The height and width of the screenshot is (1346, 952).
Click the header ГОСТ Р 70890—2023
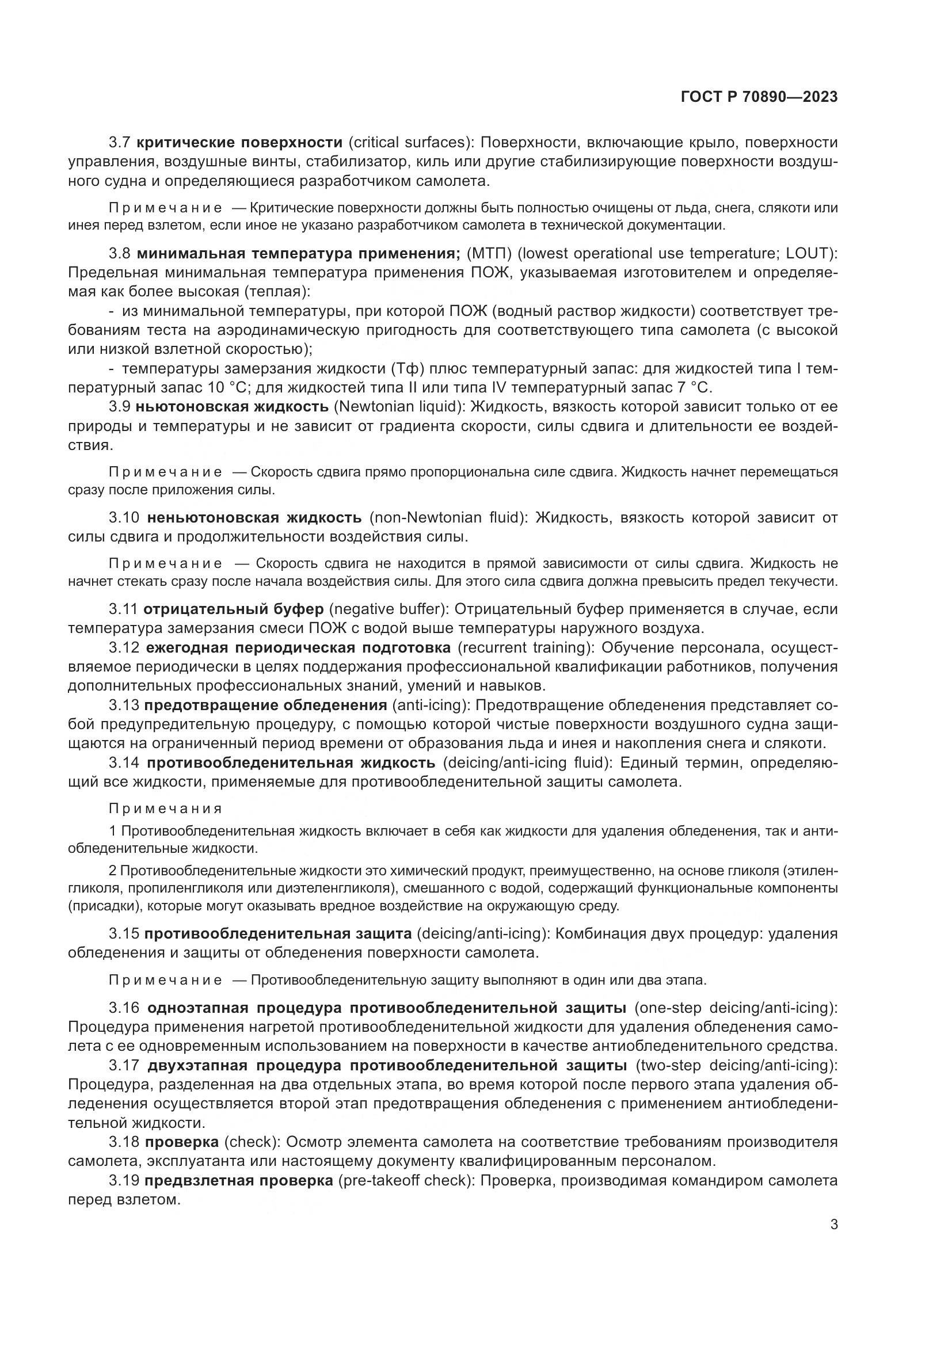click(x=759, y=97)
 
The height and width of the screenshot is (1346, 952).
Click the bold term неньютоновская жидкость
click(x=254, y=518)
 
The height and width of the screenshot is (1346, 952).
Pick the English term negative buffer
click(x=389, y=609)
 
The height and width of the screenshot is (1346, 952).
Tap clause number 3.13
click(x=124, y=706)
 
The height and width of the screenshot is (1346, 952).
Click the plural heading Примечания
click(x=165, y=809)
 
